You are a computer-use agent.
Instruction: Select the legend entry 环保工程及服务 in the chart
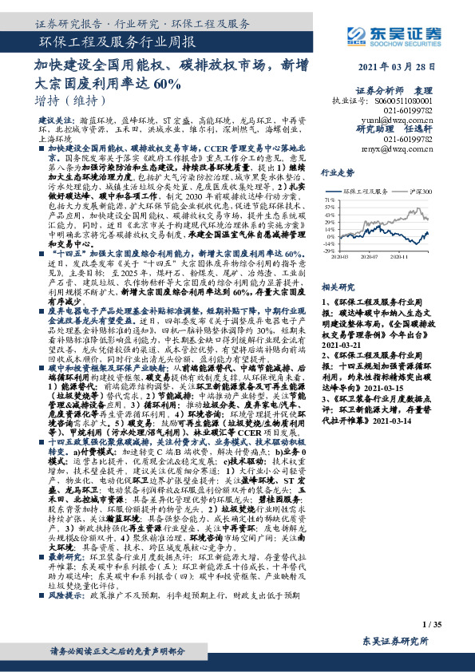[x=367, y=192]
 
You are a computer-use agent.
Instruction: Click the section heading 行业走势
[x=336, y=172]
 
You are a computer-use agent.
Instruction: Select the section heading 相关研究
[x=336, y=285]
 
